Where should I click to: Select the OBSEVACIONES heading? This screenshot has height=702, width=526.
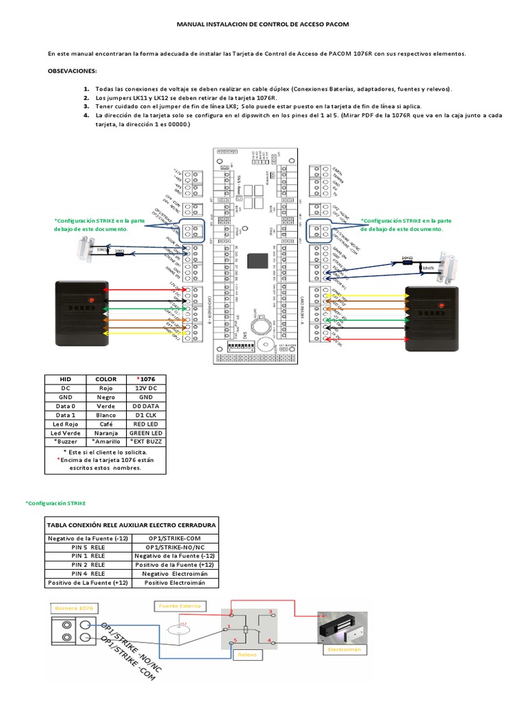click(x=73, y=71)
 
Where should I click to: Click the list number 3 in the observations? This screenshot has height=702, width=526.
click(x=87, y=106)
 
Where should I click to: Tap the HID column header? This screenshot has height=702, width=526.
click(x=65, y=378)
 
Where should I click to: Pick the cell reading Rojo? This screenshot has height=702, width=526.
click(x=106, y=387)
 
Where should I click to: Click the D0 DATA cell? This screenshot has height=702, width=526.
click(x=145, y=406)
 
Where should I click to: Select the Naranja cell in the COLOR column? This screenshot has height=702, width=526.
click(x=106, y=433)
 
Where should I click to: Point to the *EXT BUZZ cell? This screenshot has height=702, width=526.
click(x=145, y=442)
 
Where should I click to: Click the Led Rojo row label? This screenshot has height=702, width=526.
click(x=65, y=424)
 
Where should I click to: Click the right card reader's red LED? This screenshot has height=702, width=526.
click(x=440, y=303)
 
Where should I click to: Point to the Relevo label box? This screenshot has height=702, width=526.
click(x=247, y=655)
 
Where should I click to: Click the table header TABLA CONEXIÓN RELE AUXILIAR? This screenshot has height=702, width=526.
click(x=131, y=524)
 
